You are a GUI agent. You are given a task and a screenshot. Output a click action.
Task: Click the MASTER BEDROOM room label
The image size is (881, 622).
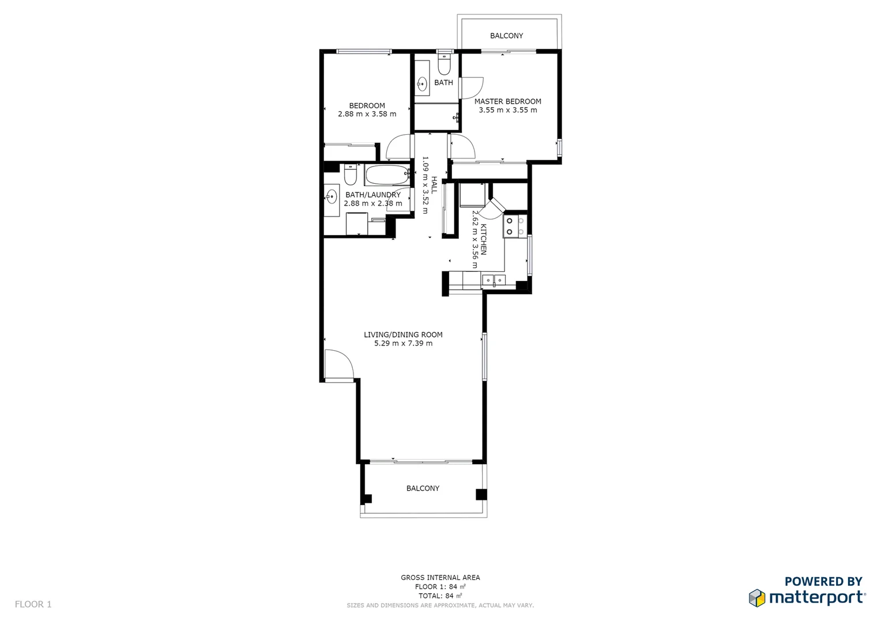507,101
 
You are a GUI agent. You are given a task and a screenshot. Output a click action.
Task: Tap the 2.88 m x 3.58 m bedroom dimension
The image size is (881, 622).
367,114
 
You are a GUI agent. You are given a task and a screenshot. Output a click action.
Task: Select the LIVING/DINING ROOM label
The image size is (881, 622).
403,335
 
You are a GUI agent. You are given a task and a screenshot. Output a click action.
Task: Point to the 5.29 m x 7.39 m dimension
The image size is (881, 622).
403,343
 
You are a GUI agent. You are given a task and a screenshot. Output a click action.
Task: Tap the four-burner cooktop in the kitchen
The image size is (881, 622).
514,226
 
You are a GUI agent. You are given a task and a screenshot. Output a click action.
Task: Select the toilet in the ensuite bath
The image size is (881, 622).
444,65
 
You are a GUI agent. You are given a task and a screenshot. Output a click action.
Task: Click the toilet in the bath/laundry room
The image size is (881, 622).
351,174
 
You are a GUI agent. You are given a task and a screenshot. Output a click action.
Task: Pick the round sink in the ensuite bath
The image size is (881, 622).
422,84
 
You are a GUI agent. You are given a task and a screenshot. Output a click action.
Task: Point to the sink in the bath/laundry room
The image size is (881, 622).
332,197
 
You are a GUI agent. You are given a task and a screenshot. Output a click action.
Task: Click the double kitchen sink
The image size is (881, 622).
494,280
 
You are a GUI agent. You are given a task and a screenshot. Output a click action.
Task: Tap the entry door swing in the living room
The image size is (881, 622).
338,365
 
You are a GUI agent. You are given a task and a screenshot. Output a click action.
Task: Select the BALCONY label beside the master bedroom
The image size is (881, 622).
506,36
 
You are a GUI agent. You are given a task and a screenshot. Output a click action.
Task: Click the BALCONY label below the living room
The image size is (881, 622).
423,488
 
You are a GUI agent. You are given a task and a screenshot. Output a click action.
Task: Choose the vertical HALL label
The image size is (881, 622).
434,185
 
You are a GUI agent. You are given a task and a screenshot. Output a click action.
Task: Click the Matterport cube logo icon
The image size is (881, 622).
756,598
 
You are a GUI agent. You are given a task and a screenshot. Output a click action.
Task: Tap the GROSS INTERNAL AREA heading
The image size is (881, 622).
440,578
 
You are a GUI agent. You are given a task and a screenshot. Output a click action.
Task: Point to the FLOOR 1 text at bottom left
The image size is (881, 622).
33,604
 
